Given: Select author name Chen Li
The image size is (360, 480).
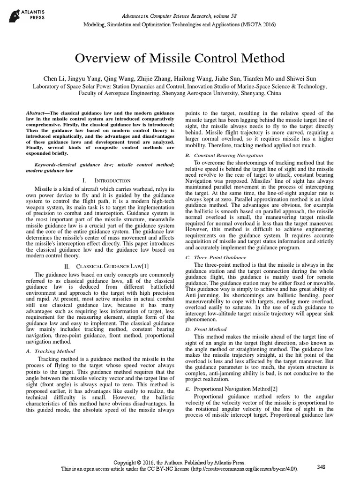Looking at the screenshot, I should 55,78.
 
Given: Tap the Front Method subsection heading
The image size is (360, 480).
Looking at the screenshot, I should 207,330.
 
